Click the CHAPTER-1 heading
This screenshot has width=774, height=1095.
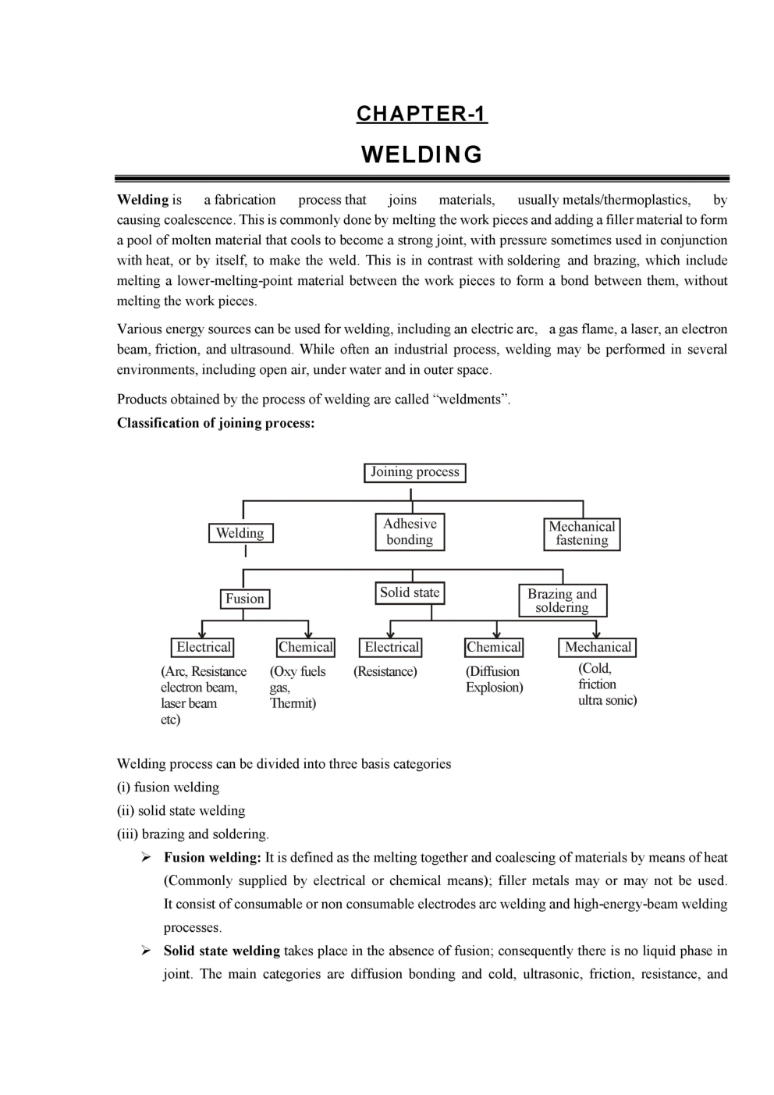tap(421, 114)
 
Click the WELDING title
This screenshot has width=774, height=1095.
tap(421, 155)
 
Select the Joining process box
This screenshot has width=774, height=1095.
tap(414, 472)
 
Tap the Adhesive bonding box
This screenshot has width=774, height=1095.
tap(410, 532)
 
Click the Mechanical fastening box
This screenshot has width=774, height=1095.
tap(581, 533)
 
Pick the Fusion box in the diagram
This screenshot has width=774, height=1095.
tap(244, 599)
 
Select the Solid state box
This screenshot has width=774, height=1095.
tap(410, 593)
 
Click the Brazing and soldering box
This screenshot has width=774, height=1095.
tap(562, 600)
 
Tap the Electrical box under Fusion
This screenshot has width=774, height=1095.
tap(203, 647)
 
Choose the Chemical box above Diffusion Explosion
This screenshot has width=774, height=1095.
tap(493, 647)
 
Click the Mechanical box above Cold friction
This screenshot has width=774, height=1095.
tap(598, 647)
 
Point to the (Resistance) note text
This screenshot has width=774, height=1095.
tap(385, 671)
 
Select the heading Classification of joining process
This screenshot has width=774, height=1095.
tap(215, 423)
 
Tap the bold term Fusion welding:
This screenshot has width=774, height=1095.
tap(211, 857)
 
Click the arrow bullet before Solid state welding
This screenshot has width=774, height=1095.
tap(146, 951)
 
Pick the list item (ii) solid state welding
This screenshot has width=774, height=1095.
tap(181, 810)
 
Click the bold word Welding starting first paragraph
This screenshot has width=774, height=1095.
tap(143, 200)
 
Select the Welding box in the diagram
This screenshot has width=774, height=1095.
tap(240, 533)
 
